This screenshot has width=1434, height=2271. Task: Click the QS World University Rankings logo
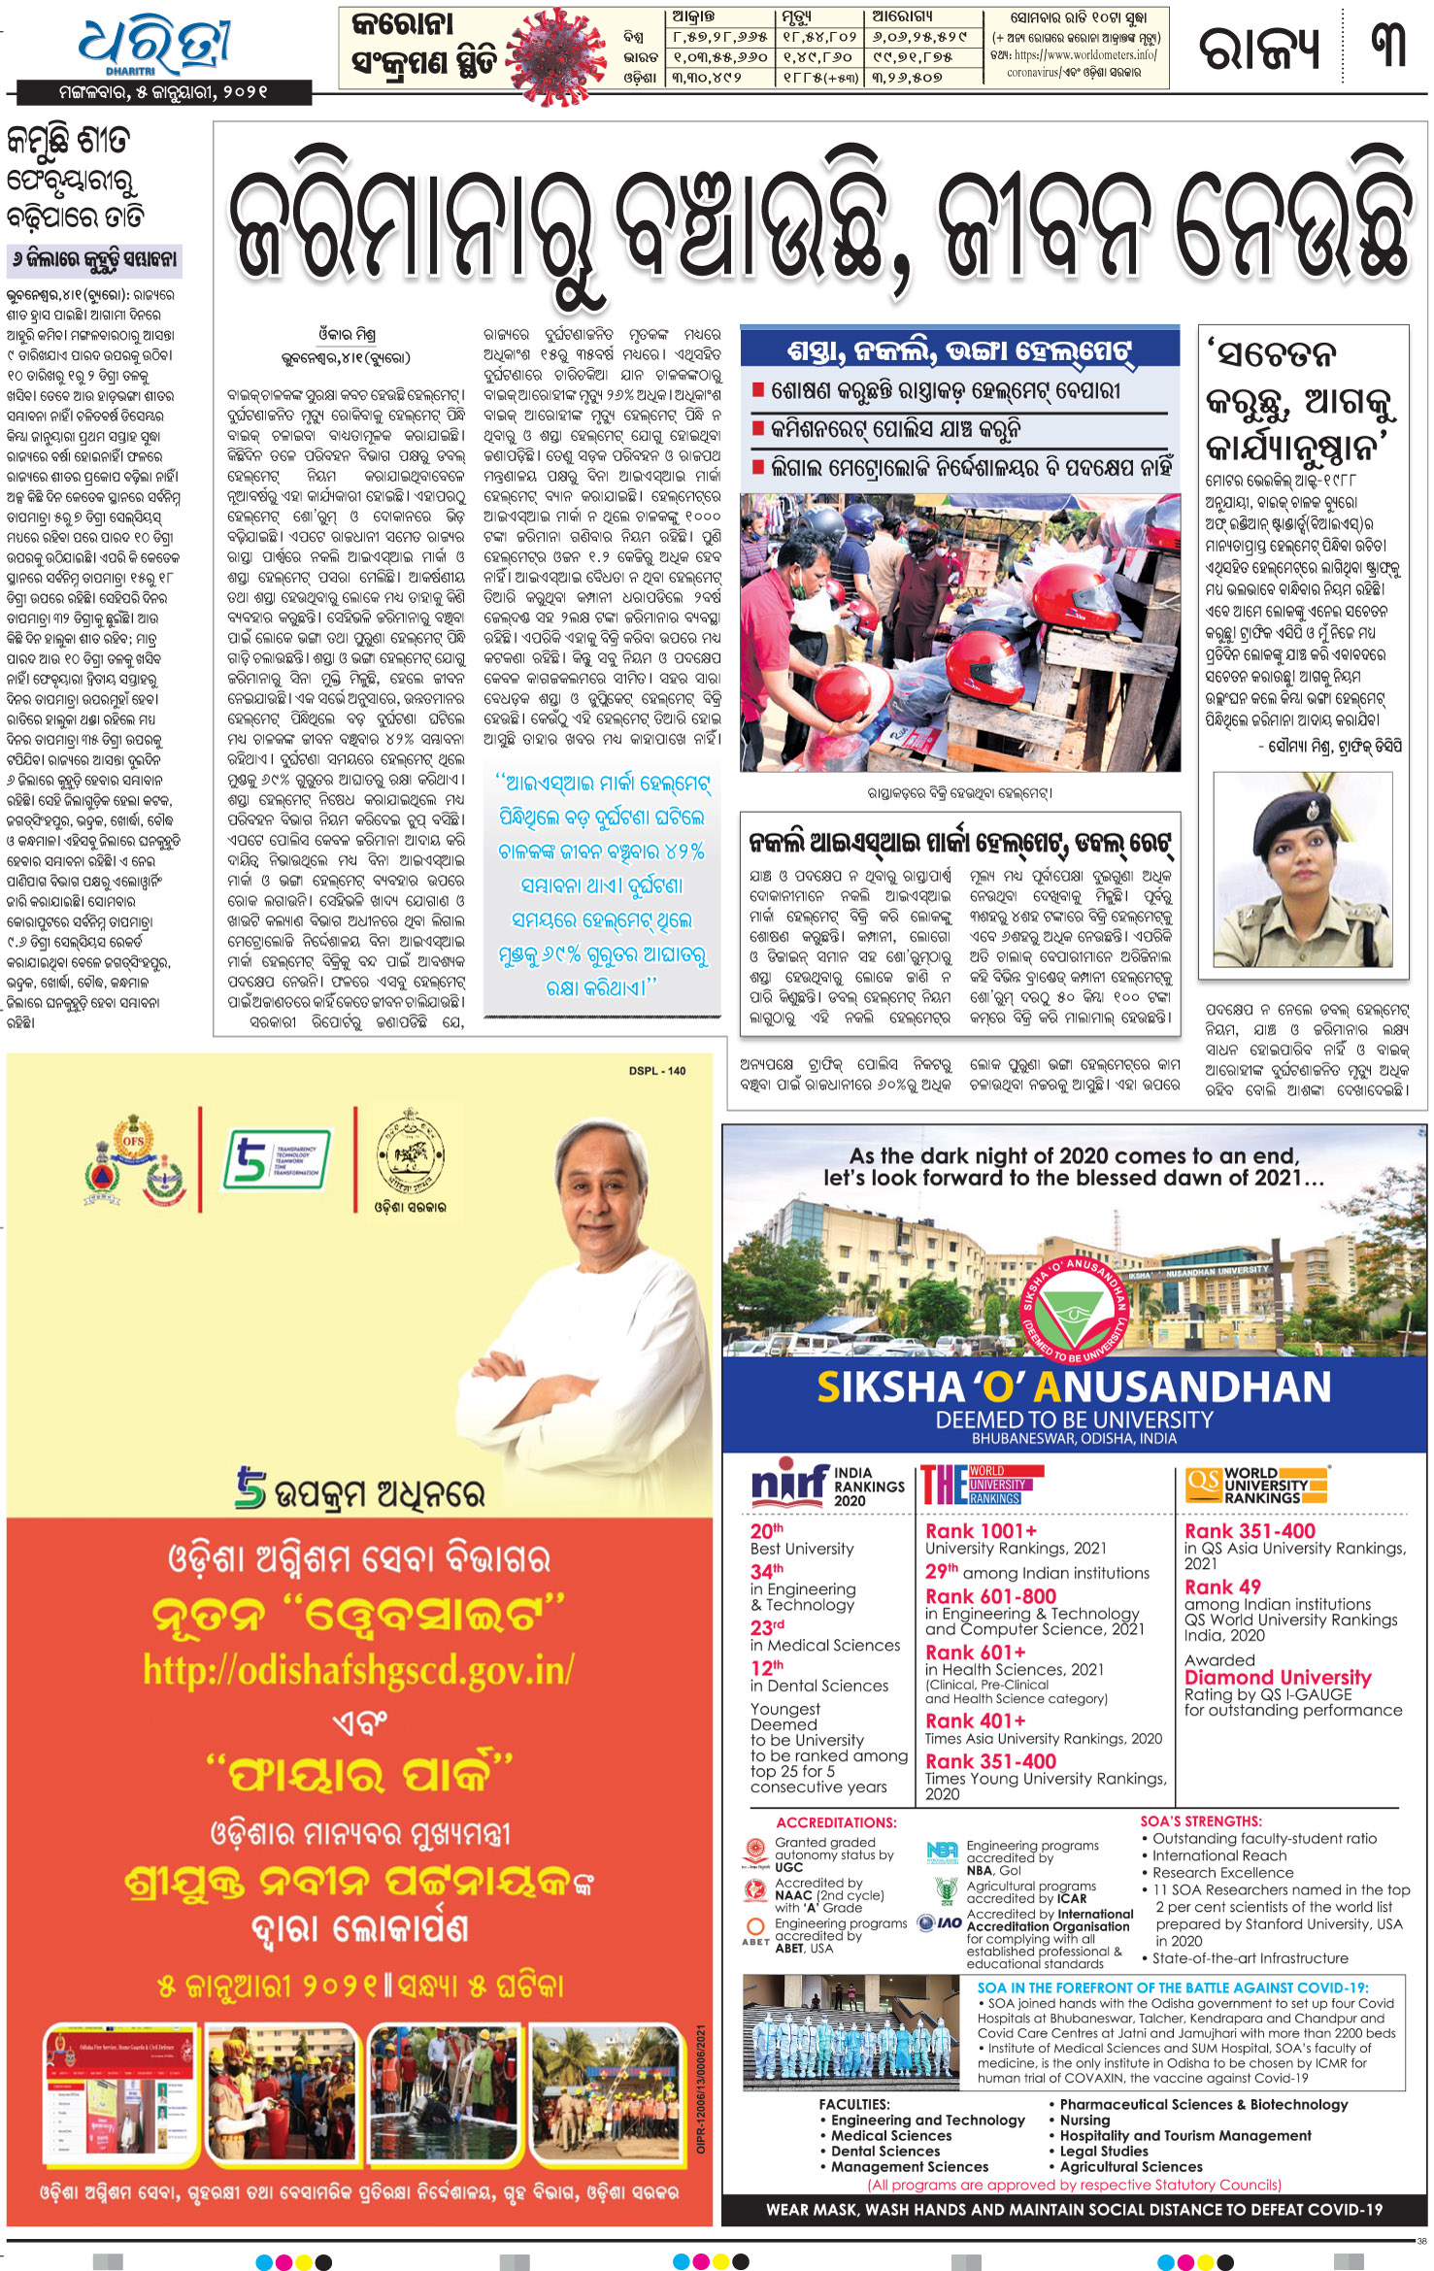[1256, 1485]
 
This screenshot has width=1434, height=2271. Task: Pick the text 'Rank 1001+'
[981, 1531]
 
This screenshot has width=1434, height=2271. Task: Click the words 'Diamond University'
[1277, 1678]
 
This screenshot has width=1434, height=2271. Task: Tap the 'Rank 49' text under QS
[1221, 1586]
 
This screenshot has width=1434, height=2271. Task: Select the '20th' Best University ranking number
[766, 1531]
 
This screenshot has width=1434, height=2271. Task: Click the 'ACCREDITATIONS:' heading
[836, 1822]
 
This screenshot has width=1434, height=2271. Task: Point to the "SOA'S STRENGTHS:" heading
[1200, 1821]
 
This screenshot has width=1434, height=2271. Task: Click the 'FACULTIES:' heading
[853, 2104]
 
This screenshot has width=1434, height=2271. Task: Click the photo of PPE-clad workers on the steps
[850, 2034]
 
